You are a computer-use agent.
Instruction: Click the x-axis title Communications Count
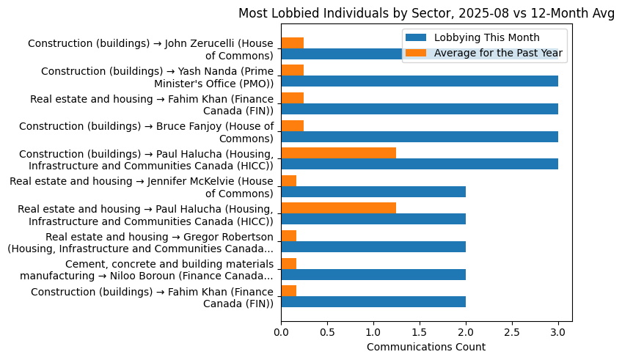click(x=425, y=347)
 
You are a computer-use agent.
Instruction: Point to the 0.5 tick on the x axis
click(x=327, y=332)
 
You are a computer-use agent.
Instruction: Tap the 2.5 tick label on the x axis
click(x=512, y=332)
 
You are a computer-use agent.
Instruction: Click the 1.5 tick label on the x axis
click(x=420, y=332)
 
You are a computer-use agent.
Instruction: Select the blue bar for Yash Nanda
click(x=420, y=81)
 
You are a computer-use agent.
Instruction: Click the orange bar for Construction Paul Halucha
click(x=338, y=153)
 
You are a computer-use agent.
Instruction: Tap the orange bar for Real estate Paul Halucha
click(x=338, y=207)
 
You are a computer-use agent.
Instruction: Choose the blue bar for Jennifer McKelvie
click(x=373, y=191)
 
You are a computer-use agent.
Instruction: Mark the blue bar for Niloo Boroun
click(x=373, y=274)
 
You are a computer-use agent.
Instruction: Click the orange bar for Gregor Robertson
click(x=288, y=235)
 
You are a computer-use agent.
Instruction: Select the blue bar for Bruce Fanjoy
click(x=420, y=136)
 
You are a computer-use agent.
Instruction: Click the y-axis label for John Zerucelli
click(x=150, y=50)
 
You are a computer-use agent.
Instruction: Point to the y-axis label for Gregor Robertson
click(x=141, y=242)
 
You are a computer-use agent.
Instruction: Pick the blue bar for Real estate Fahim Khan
click(x=420, y=109)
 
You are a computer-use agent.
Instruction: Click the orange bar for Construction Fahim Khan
click(x=288, y=290)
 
